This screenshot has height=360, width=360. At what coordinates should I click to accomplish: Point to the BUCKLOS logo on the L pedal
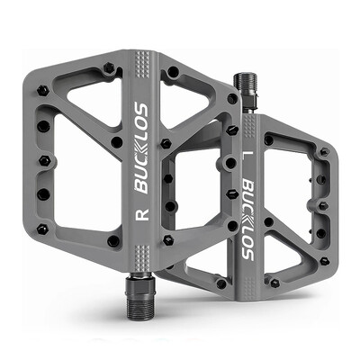point(245,215)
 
